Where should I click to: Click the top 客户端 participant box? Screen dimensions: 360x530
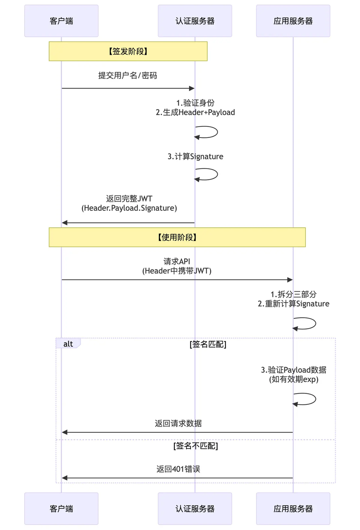click(x=61, y=21)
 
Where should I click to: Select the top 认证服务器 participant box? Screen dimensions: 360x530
click(x=195, y=21)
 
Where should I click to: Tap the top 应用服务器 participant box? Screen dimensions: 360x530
click(x=293, y=21)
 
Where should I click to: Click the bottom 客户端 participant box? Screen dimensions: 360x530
click(x=61, y=509)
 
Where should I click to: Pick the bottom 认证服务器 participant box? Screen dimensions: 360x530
click(x=195, y=509)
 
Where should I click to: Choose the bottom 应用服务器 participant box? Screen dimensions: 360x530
click(x=293, y=509)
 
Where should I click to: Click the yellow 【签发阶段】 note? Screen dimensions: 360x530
click(x=128, y=51)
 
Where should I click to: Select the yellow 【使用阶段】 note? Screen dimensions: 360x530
click(x=177, y=237)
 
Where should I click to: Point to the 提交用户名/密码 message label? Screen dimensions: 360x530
click(x=128, y=75)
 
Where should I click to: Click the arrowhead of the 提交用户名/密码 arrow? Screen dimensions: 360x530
click(x=192, y=88)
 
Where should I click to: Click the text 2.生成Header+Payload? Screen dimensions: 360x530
click(x=195, y=112)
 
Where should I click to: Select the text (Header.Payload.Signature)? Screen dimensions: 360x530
click(x=129, y=208)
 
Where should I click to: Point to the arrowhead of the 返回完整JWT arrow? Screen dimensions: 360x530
click(x=64, y=223)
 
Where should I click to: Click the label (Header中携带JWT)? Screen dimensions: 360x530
click(x=177, y=271)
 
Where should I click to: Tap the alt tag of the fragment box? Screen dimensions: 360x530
click(x=68, y=344)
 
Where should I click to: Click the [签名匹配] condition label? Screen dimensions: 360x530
click(x=208, y=344)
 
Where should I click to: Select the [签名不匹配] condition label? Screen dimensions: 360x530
click(x=195, y=446)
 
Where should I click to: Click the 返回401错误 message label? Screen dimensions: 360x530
click(x=178, y=469)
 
